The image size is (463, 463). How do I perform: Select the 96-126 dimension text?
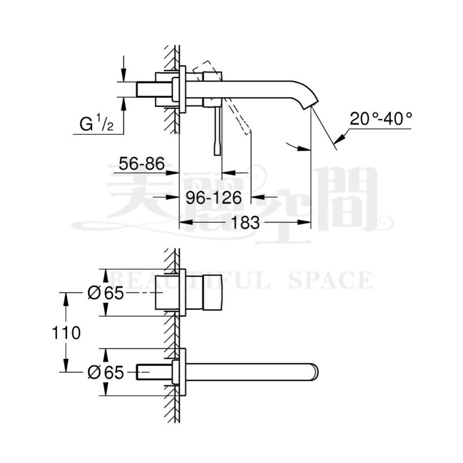click(214, 198)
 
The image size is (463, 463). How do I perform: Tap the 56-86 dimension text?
click(141, 164)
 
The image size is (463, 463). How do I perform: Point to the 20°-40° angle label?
click(381, 119)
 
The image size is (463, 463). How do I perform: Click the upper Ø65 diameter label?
click(106, 293)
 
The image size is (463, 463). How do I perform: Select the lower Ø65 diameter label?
click(106, 372)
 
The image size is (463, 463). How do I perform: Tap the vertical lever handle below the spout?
click(216, 131)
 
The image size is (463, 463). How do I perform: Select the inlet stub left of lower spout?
click(152, 371)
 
